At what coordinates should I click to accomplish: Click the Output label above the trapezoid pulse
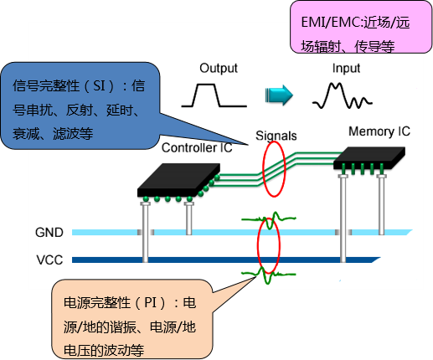click(x=219, y=69)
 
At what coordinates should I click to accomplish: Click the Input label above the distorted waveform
click(x=346, y=69)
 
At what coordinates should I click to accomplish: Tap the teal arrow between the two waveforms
click(x=279, y=95)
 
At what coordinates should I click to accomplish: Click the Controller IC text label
click(x=197, y=148)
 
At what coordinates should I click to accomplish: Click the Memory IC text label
click(x=379, y=131)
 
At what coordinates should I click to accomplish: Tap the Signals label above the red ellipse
click(x=276, y=136)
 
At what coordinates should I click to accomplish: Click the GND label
click(x=49, y=233)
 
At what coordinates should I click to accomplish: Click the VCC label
click(x=49, y=260)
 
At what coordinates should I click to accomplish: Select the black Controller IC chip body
click(x=178, y=180)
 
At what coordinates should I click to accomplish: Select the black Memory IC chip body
click(x=369, y=157)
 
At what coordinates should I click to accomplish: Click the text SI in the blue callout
click(x=99, y=85)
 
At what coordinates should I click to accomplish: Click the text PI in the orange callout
click(x=151, y=303)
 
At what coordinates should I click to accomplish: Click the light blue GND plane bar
click(x=241, y=232)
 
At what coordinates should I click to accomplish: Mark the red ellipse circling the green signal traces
click(x=263, y=169)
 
